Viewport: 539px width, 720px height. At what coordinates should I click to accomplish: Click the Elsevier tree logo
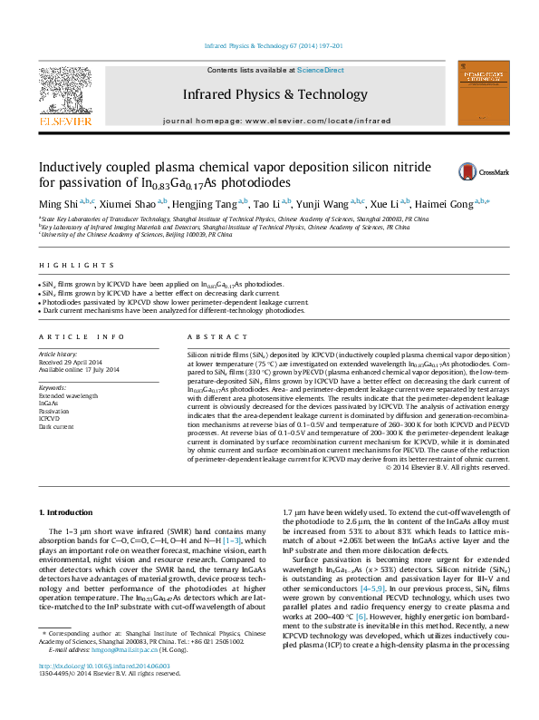click(x=64, y=98)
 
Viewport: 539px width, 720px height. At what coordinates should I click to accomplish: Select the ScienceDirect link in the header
click(x=321, y=70)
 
